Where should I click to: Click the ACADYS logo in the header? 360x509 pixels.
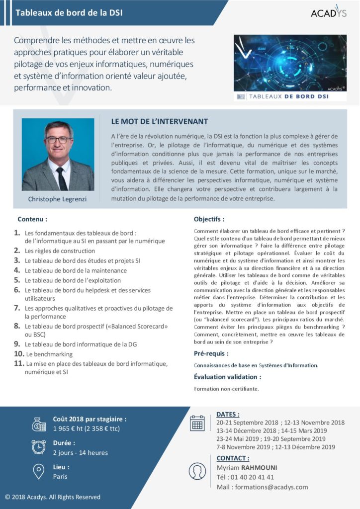tap(328, 12)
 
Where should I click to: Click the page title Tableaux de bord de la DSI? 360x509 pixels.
tap(69, 13)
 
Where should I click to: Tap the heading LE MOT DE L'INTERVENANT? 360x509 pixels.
tap(160, 122)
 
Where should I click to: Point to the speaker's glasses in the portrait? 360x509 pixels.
tap(58, 140)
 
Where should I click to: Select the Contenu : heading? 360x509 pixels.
tap(32, 219)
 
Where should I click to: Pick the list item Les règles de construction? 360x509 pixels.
tap(60, 251)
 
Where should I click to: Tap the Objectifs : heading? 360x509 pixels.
tap(209, 219)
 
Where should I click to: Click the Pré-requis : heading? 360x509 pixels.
tap(211, 353)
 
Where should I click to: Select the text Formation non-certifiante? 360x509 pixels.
tap(226, 388)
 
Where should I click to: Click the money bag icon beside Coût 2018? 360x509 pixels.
tap(39, 424)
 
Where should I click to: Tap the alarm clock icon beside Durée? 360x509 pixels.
tap(39, 447)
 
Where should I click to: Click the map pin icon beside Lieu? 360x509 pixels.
tap(39, 471)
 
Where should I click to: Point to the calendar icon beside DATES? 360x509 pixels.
tap(197, 423)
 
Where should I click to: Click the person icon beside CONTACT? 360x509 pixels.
tap(197, 471)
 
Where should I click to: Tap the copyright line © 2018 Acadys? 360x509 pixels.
tap(53, 497)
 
